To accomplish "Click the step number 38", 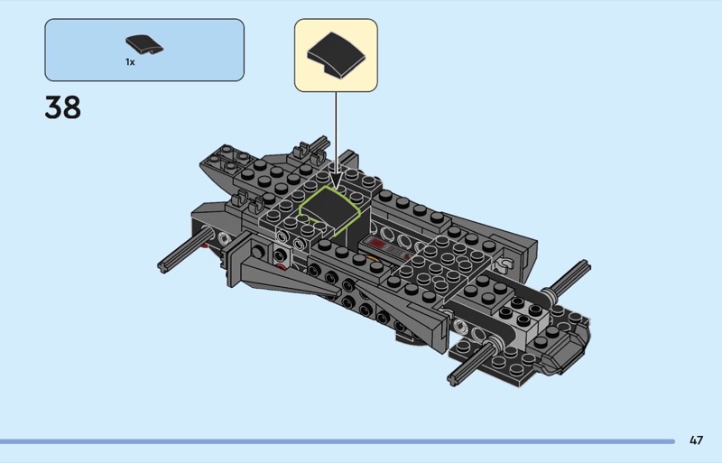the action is coord(62,107).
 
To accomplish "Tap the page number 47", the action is coord(696,440).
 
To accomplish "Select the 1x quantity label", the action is coord(130,62).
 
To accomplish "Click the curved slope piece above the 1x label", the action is coord(144,45).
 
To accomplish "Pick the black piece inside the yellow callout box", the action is coord(336,55).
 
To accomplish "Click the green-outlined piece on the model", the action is coord(329,212).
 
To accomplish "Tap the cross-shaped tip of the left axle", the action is coord(162,266).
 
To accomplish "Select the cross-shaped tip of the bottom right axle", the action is coord(454,380).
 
